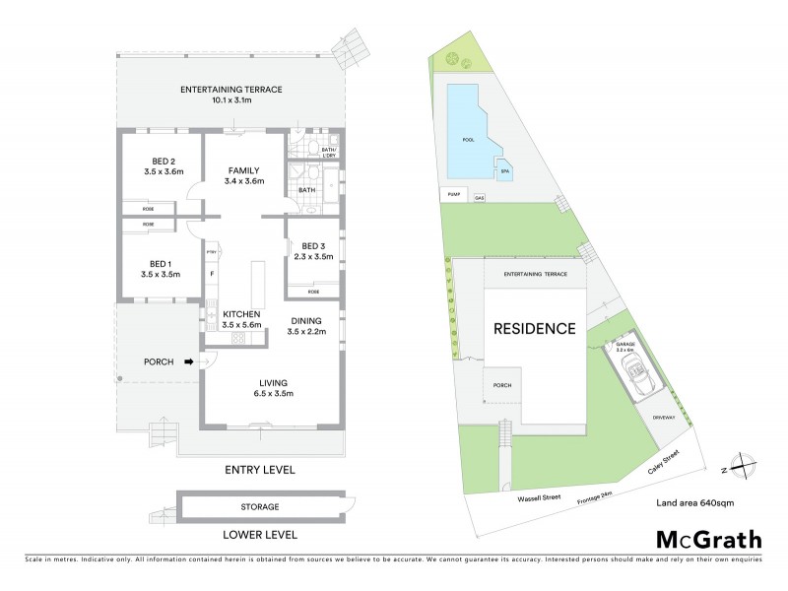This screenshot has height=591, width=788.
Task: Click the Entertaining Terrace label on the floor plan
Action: (x=231, y=90)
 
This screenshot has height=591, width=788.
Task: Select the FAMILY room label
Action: (x=242, y=169)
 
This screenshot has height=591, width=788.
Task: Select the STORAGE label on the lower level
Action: (x=260, y=507)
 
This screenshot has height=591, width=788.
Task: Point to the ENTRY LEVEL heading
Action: (x=260, y=470)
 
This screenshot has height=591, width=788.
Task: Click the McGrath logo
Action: (x=709, y=539)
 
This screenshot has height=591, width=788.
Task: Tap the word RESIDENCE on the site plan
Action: (x=534, y=329)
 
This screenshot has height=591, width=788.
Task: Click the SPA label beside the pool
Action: (x=504, y=170)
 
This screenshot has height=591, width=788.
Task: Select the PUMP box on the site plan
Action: (x=454, y=195)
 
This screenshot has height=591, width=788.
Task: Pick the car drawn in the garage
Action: (x=631, y=375)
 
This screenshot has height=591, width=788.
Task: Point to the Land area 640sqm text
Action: (x=694, y=503)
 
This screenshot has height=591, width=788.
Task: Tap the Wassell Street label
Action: (x=539, y=498)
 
